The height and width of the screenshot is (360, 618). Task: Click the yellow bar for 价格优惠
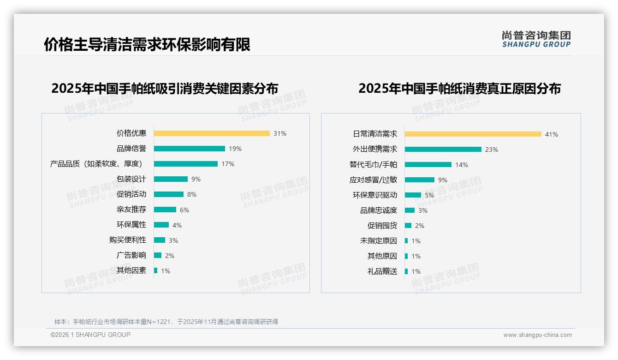pos(212,133)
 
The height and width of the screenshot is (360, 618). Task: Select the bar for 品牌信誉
pos(190,149)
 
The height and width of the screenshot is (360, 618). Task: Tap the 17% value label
pos(228,164)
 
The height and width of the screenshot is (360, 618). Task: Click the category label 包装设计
pos(131,179)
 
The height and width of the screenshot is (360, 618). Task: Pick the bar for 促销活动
pos(169,194)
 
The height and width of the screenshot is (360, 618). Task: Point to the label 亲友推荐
pos(131,210)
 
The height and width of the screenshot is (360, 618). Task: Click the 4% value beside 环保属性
pos(177,225)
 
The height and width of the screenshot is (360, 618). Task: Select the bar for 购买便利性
pos(160,240)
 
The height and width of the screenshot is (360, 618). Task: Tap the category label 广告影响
pos(131,255)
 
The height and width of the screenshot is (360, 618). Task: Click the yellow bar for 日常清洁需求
pos(473,134)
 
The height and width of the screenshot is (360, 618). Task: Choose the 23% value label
pos(492,150)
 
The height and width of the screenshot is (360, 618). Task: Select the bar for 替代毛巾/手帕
pos(428,165)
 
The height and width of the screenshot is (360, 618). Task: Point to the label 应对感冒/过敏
pos(373,180)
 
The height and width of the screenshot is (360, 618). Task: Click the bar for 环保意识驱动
pos(413,195)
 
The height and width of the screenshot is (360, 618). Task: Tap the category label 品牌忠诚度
pos(379,210)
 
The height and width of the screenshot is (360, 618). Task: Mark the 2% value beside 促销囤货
pos(420,226)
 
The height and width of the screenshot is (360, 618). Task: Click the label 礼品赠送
pos(382,271)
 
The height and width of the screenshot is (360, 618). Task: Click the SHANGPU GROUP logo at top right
pos(536,39)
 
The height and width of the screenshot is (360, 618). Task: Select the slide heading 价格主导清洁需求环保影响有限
pos(147,44)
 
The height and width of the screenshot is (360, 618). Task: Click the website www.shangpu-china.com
pos(537,335)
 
